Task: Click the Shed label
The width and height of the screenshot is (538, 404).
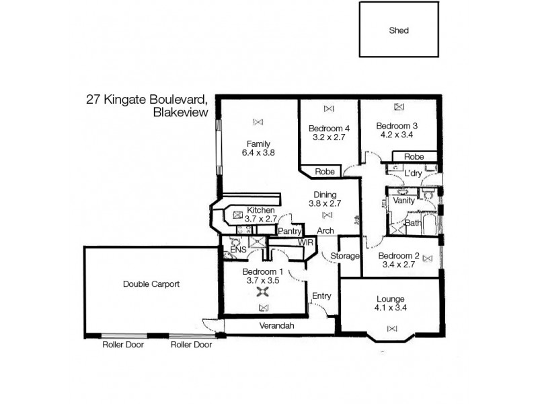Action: [399, 30]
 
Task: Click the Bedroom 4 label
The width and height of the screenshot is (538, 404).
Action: [329, 129]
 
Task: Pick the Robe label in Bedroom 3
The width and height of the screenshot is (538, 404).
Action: [414, 157]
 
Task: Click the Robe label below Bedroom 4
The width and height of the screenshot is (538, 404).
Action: [325, 172]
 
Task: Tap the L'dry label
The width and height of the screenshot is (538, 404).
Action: [413, 174]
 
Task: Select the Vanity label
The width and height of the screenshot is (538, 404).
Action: [403, 200]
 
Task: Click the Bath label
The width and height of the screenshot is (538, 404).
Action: [412, 223]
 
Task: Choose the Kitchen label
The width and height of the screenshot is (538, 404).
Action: [261, 210]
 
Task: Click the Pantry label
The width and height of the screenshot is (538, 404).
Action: [289, 231]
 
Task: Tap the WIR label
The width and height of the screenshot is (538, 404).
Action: [306, 241]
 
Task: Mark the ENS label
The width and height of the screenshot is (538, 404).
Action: [237, 250]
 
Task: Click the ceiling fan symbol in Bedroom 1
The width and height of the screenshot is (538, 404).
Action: [263, 292]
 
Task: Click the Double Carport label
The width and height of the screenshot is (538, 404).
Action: [151, 284]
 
